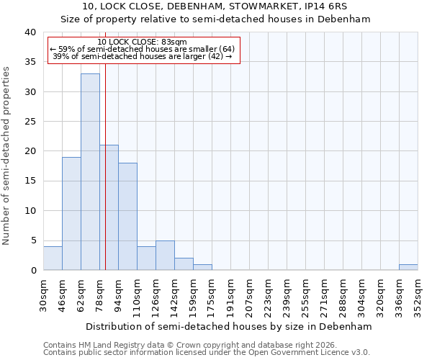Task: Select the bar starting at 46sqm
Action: pos(71,213)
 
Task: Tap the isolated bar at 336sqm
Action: pos(408,267)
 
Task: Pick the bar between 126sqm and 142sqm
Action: pos(165,255)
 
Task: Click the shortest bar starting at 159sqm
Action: pos(202,267)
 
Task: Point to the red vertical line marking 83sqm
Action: pos(105,180)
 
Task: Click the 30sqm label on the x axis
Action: pos(43,293)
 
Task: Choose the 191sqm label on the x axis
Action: pos(230,295)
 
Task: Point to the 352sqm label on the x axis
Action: pos(418,295)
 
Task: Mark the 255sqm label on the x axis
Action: pos(305,295)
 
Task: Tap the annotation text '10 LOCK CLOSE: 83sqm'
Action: pos(142,42)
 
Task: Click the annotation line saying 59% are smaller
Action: pos(142,49)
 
